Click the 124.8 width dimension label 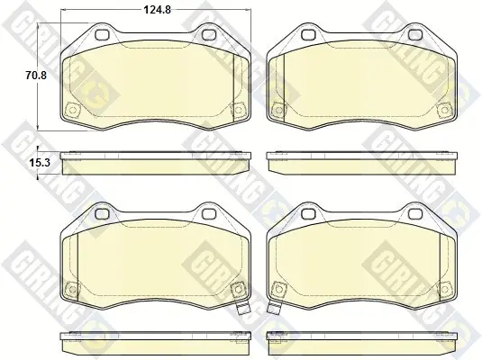[158, 10]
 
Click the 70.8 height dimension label [36, 75]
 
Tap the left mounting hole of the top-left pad [103, 35]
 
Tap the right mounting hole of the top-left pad [209, 35]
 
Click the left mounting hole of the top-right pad [309, 35]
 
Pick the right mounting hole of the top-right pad [415, 35]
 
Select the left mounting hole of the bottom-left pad [103, 213]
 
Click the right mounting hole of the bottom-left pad [209, 213]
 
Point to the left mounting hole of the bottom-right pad [309, 213]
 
